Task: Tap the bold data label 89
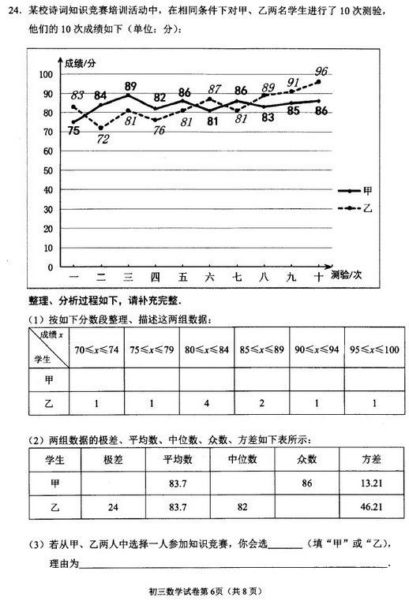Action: point(130,86)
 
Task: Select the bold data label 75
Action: point(73,131)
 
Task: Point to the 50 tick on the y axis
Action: point(48,170)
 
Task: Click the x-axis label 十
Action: point(318,277)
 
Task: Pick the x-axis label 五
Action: point(183,277)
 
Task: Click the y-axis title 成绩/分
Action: point(81,62)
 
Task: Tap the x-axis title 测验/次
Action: point(347,275)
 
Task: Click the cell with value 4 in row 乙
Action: point(206,405)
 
